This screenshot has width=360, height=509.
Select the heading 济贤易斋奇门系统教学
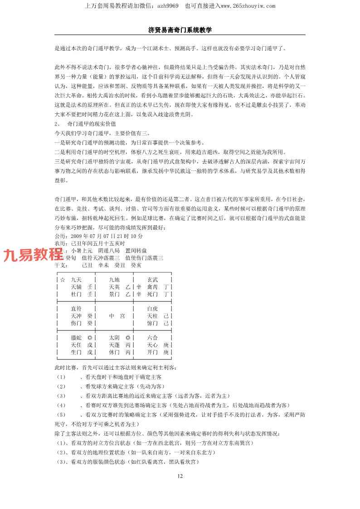180,29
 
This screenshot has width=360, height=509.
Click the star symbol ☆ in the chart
62,280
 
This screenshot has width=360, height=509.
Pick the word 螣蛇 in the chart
76,338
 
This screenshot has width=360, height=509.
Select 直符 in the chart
76,308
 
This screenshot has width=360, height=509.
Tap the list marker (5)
61,414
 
